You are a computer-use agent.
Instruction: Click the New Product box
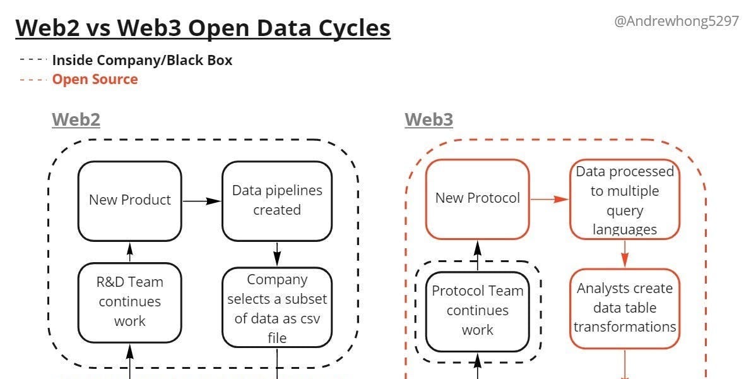(129, 200)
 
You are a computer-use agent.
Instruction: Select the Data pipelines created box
(276, 200)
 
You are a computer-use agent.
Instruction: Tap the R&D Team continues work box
(129, 301)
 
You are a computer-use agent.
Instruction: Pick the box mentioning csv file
(276, 308)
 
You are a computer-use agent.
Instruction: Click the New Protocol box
(477, 198)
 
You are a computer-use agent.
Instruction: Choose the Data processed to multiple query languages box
(624, 200)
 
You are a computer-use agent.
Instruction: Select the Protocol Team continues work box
(477, 310)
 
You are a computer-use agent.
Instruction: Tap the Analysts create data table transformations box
(624, 308)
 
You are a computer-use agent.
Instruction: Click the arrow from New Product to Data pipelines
(201, 201)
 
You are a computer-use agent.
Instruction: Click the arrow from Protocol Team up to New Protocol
(477, 251)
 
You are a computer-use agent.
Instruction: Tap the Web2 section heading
(76, 119)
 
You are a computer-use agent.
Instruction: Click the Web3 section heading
(429, 119)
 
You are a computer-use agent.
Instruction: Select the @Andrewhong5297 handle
(676, 21)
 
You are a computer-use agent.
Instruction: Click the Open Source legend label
(95, 79)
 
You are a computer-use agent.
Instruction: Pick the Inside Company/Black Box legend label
(142, 61)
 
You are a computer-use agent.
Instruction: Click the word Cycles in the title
(353, 28)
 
